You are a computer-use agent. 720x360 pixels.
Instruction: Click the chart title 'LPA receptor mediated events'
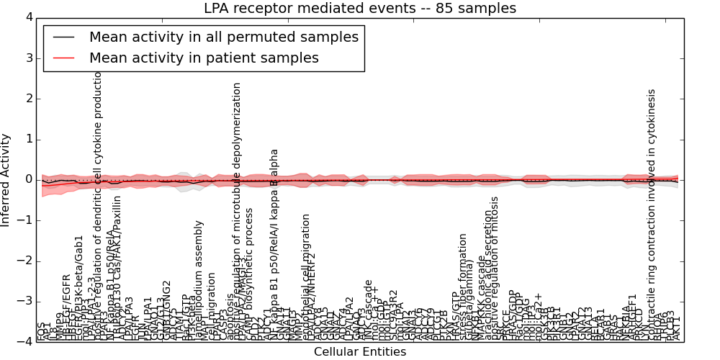click(359, 9)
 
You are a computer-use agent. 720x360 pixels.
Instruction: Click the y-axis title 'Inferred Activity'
click(6, 179)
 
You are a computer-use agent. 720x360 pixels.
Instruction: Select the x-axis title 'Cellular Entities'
click(359, 352)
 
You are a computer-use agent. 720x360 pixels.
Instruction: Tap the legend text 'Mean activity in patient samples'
click(204, 58)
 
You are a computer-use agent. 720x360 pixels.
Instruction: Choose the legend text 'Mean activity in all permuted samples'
click(223, 37)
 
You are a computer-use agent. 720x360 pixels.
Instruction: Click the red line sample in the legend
click(63, 58)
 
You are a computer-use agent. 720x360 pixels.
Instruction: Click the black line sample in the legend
click(63, 37)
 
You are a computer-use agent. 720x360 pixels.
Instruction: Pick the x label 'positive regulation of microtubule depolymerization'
click(237, 209)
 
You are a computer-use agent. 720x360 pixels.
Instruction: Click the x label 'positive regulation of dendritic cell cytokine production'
click(99, 194)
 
